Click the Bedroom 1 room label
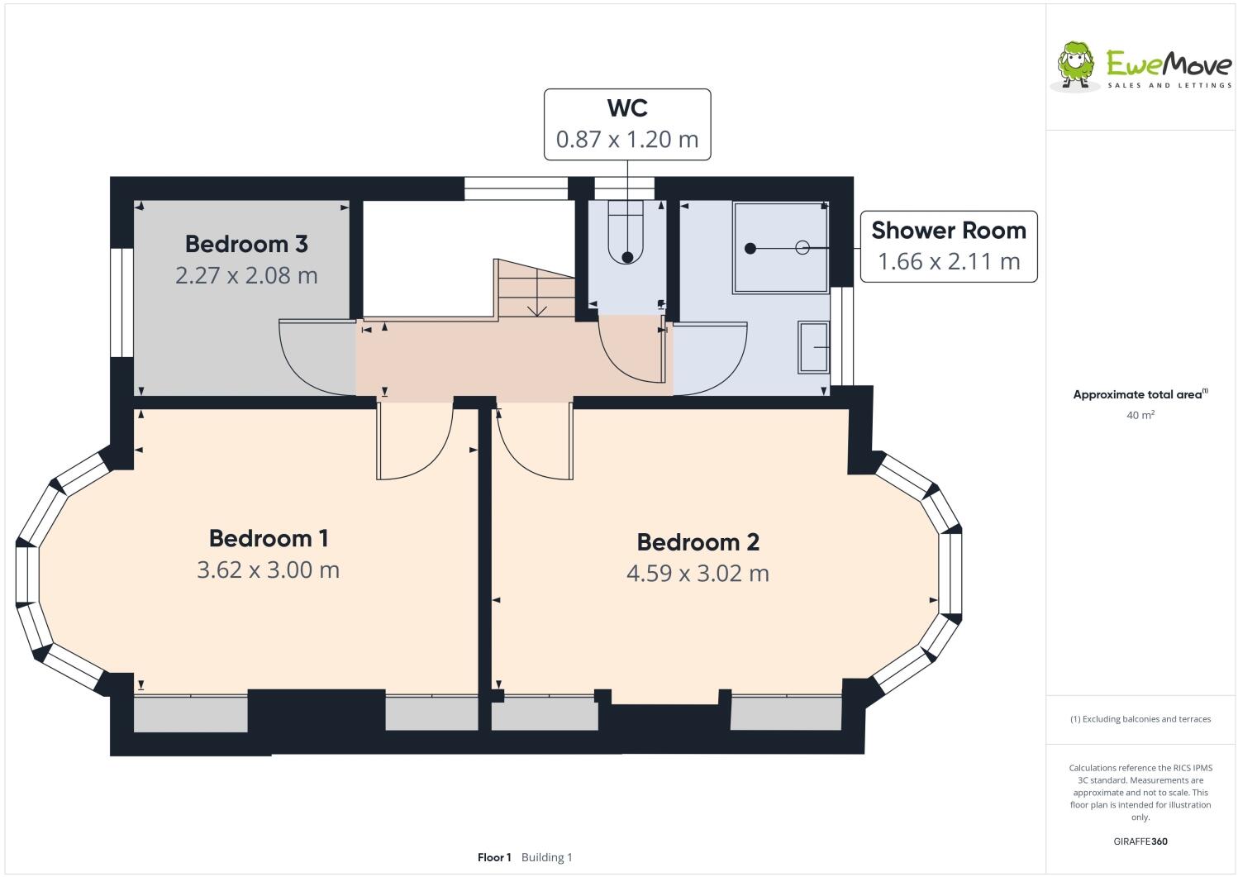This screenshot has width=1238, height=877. click(x=269, y=538)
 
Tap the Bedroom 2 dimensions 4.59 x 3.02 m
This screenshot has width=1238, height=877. click(x=698, y=573)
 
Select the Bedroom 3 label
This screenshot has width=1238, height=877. click(x=246, y=244)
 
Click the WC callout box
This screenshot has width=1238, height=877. click(x=626, y=124)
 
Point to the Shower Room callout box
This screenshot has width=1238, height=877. click(x=948, y=246)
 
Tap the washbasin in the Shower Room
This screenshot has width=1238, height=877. click(x=813, y=347)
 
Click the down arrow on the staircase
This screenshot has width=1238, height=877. click(x=537, y=307)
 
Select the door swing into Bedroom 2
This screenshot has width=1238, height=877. click(x=533, y=442)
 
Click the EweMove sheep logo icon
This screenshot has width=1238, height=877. click(x=1075, y=64)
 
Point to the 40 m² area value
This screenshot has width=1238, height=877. click(x=1140, y=415)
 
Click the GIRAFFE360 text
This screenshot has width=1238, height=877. click(x=1140, y=841)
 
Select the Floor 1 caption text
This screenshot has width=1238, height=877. click(x=494, y=857)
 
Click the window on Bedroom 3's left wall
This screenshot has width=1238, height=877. click(x=121, y=303)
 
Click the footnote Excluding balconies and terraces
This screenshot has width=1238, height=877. click(x=1140, y=718)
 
